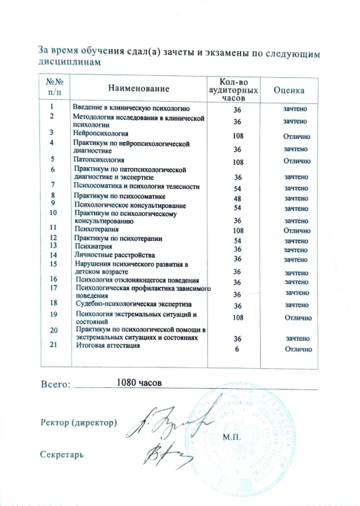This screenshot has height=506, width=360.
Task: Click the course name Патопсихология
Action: (x=98, y=160)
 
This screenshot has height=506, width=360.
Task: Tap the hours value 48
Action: (x=238, y=198)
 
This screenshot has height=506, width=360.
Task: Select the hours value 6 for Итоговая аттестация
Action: (x=238, y=349)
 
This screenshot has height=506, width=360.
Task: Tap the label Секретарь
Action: (x=64, y=455)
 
